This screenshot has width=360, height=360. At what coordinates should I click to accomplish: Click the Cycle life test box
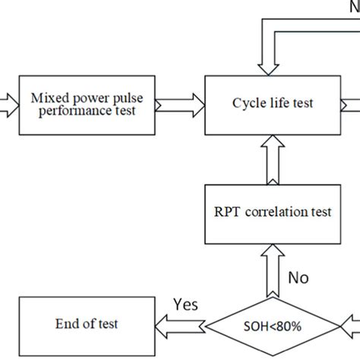coord(273,104)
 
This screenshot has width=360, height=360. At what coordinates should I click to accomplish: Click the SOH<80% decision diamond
coord(271,326)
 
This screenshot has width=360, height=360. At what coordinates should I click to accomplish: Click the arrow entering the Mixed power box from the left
coord(7,104)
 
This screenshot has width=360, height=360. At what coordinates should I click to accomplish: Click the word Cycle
coord(249,104)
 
